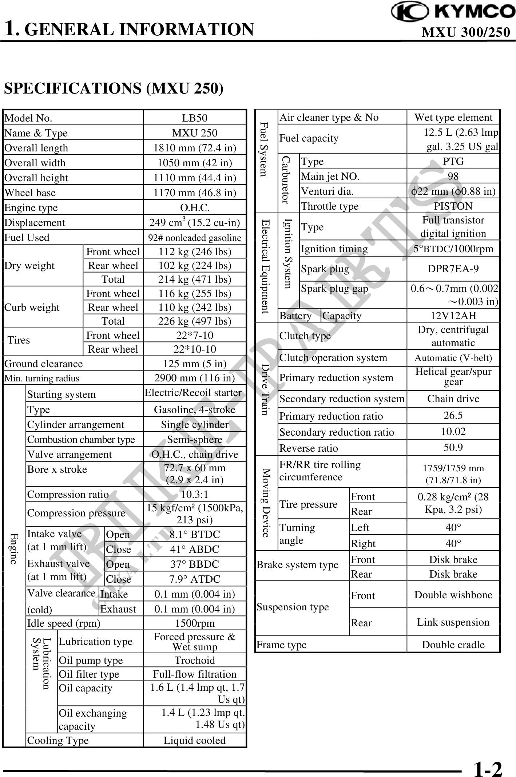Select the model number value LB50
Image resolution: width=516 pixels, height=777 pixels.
[x=195, y=118]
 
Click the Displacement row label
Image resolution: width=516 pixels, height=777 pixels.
[x=35, y=222]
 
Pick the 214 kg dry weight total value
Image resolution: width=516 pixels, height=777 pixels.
[x=195, y=279]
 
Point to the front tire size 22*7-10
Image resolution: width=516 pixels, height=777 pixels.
[x=195, y=335]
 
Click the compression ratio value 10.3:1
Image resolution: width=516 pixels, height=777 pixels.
[x=195, y=494]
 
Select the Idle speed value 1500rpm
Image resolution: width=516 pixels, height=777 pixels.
[x=195, y=623]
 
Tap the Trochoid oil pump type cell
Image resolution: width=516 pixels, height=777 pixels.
[x=195, y=660]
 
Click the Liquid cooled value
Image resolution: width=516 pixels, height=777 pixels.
[x=195, y=740]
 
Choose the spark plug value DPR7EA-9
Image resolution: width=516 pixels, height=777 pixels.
[x=453, y=269]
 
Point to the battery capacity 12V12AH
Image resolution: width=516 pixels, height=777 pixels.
[x=453, y=316]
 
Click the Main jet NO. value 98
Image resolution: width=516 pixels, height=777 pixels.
[x=453, y=176]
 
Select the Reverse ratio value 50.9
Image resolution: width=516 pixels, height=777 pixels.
[x=453, y=447]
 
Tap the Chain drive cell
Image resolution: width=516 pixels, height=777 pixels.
[x=453, y=399]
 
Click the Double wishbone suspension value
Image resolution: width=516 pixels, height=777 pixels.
[x=453, y=595]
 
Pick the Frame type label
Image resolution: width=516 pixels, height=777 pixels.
[x=282, y=645]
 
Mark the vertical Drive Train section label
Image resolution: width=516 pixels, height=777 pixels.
[x=266, y=389]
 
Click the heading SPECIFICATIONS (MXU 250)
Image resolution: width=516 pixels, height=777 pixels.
[x=114, y=88]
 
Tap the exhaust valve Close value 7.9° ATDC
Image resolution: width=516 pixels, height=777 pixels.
[x=195, y=579]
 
